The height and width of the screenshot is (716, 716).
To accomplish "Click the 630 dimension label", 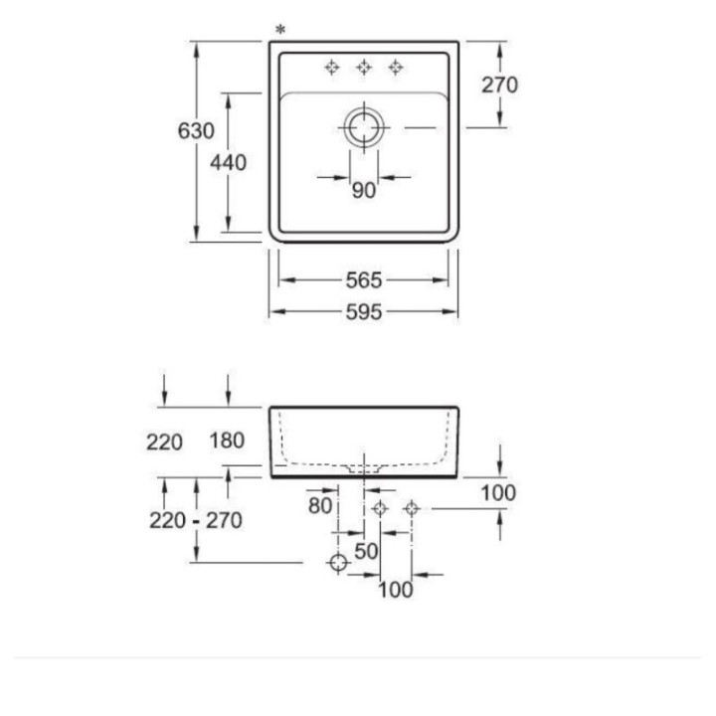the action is pos(196,131).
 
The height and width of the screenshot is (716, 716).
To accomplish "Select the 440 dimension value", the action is pos(228,162).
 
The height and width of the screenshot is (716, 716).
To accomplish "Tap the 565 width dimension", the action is pos(364,280).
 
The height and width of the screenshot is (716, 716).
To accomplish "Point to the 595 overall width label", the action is pos(364,312).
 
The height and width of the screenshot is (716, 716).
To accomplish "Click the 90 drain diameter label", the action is pos(364,190).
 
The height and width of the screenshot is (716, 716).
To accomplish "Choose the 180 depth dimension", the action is pos(227,441).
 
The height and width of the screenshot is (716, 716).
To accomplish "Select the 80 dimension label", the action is pos(319,505).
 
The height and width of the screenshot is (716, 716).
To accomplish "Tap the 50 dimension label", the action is pos(366,551).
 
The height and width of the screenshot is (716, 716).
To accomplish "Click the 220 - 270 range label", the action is pos(196,520).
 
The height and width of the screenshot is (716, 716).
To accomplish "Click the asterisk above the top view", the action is pos(280,31).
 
